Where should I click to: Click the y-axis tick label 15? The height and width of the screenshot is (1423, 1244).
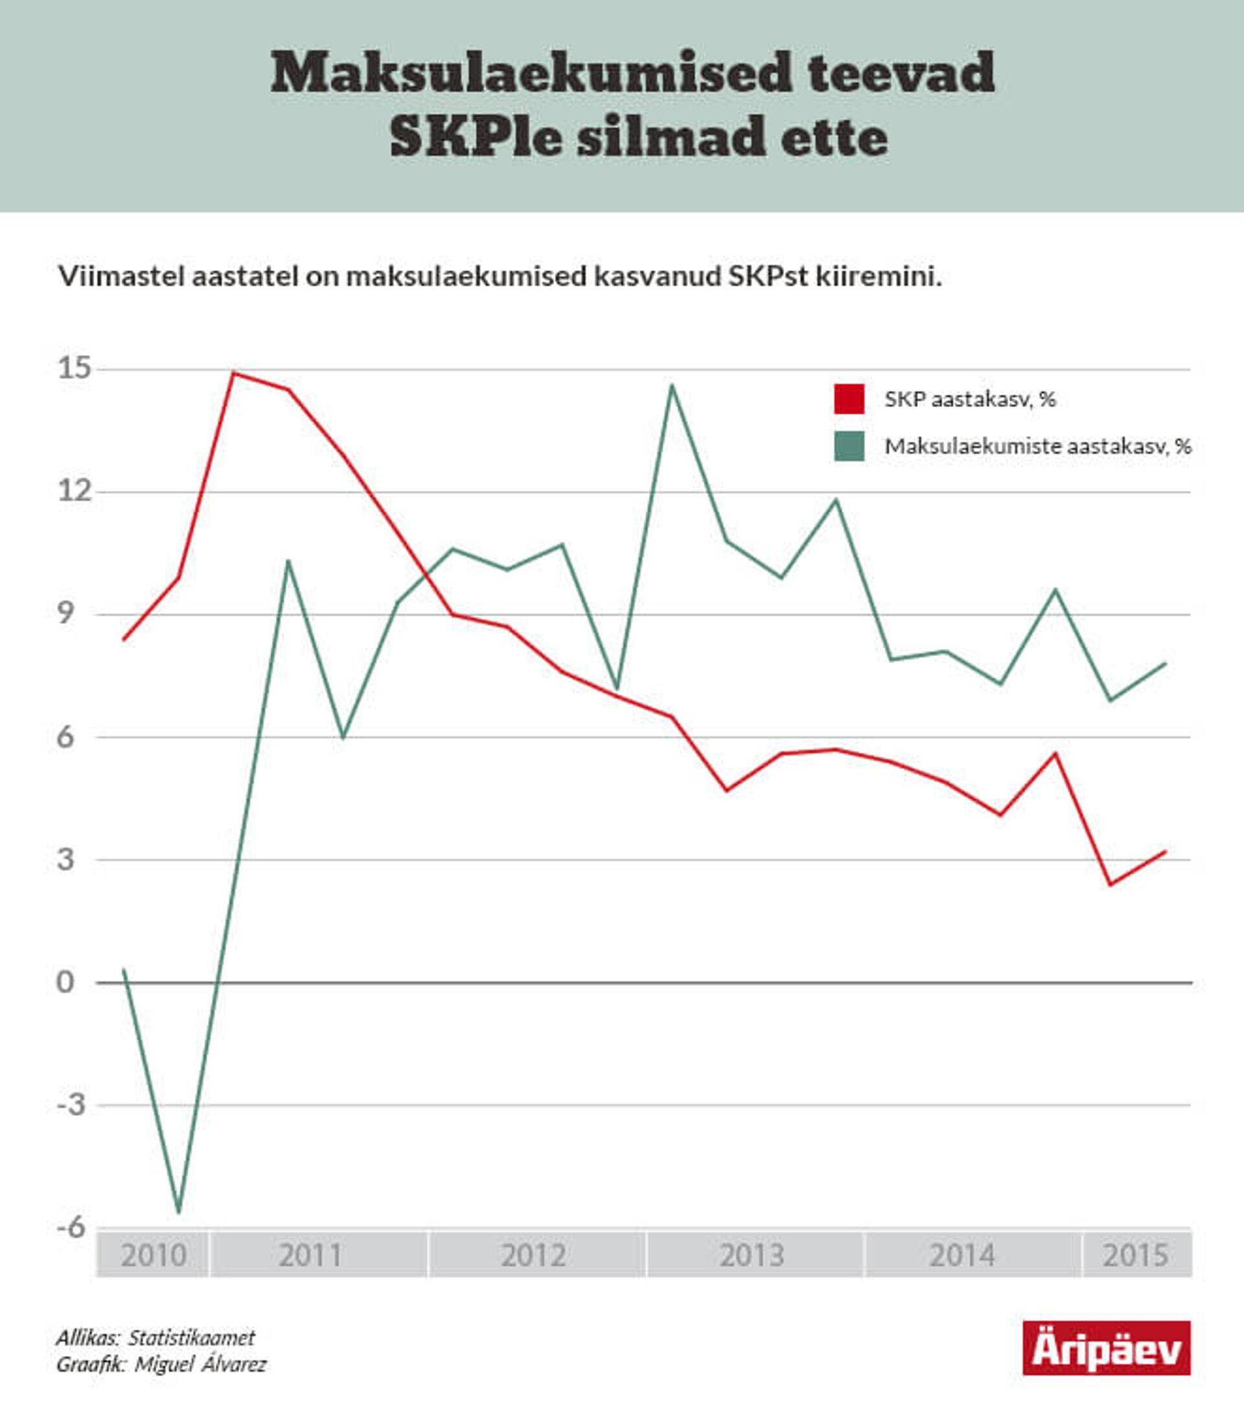[x=75, y=368]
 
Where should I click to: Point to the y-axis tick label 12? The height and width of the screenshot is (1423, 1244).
[x=75, y=491]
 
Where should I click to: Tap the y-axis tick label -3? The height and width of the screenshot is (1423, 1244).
[x=71, y=1104]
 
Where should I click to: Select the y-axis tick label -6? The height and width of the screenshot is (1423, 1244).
[x=71, y=1227]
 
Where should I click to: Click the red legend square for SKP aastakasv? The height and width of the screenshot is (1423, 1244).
[x=849, y=399]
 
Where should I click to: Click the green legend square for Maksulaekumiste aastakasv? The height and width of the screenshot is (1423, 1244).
[x=849, y=446]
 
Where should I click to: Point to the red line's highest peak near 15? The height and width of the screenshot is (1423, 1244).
[x=234, y=373]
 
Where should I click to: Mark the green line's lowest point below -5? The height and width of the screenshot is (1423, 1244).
[x=178, y=1211]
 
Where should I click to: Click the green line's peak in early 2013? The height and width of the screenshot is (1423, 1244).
[x=671, y=386]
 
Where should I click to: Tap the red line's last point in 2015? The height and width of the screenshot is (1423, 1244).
[x=1166, y=851]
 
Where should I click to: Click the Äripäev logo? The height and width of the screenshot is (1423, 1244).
[x=1107, y=1348]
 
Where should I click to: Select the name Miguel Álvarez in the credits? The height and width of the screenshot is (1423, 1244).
[x=200, y=1365]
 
